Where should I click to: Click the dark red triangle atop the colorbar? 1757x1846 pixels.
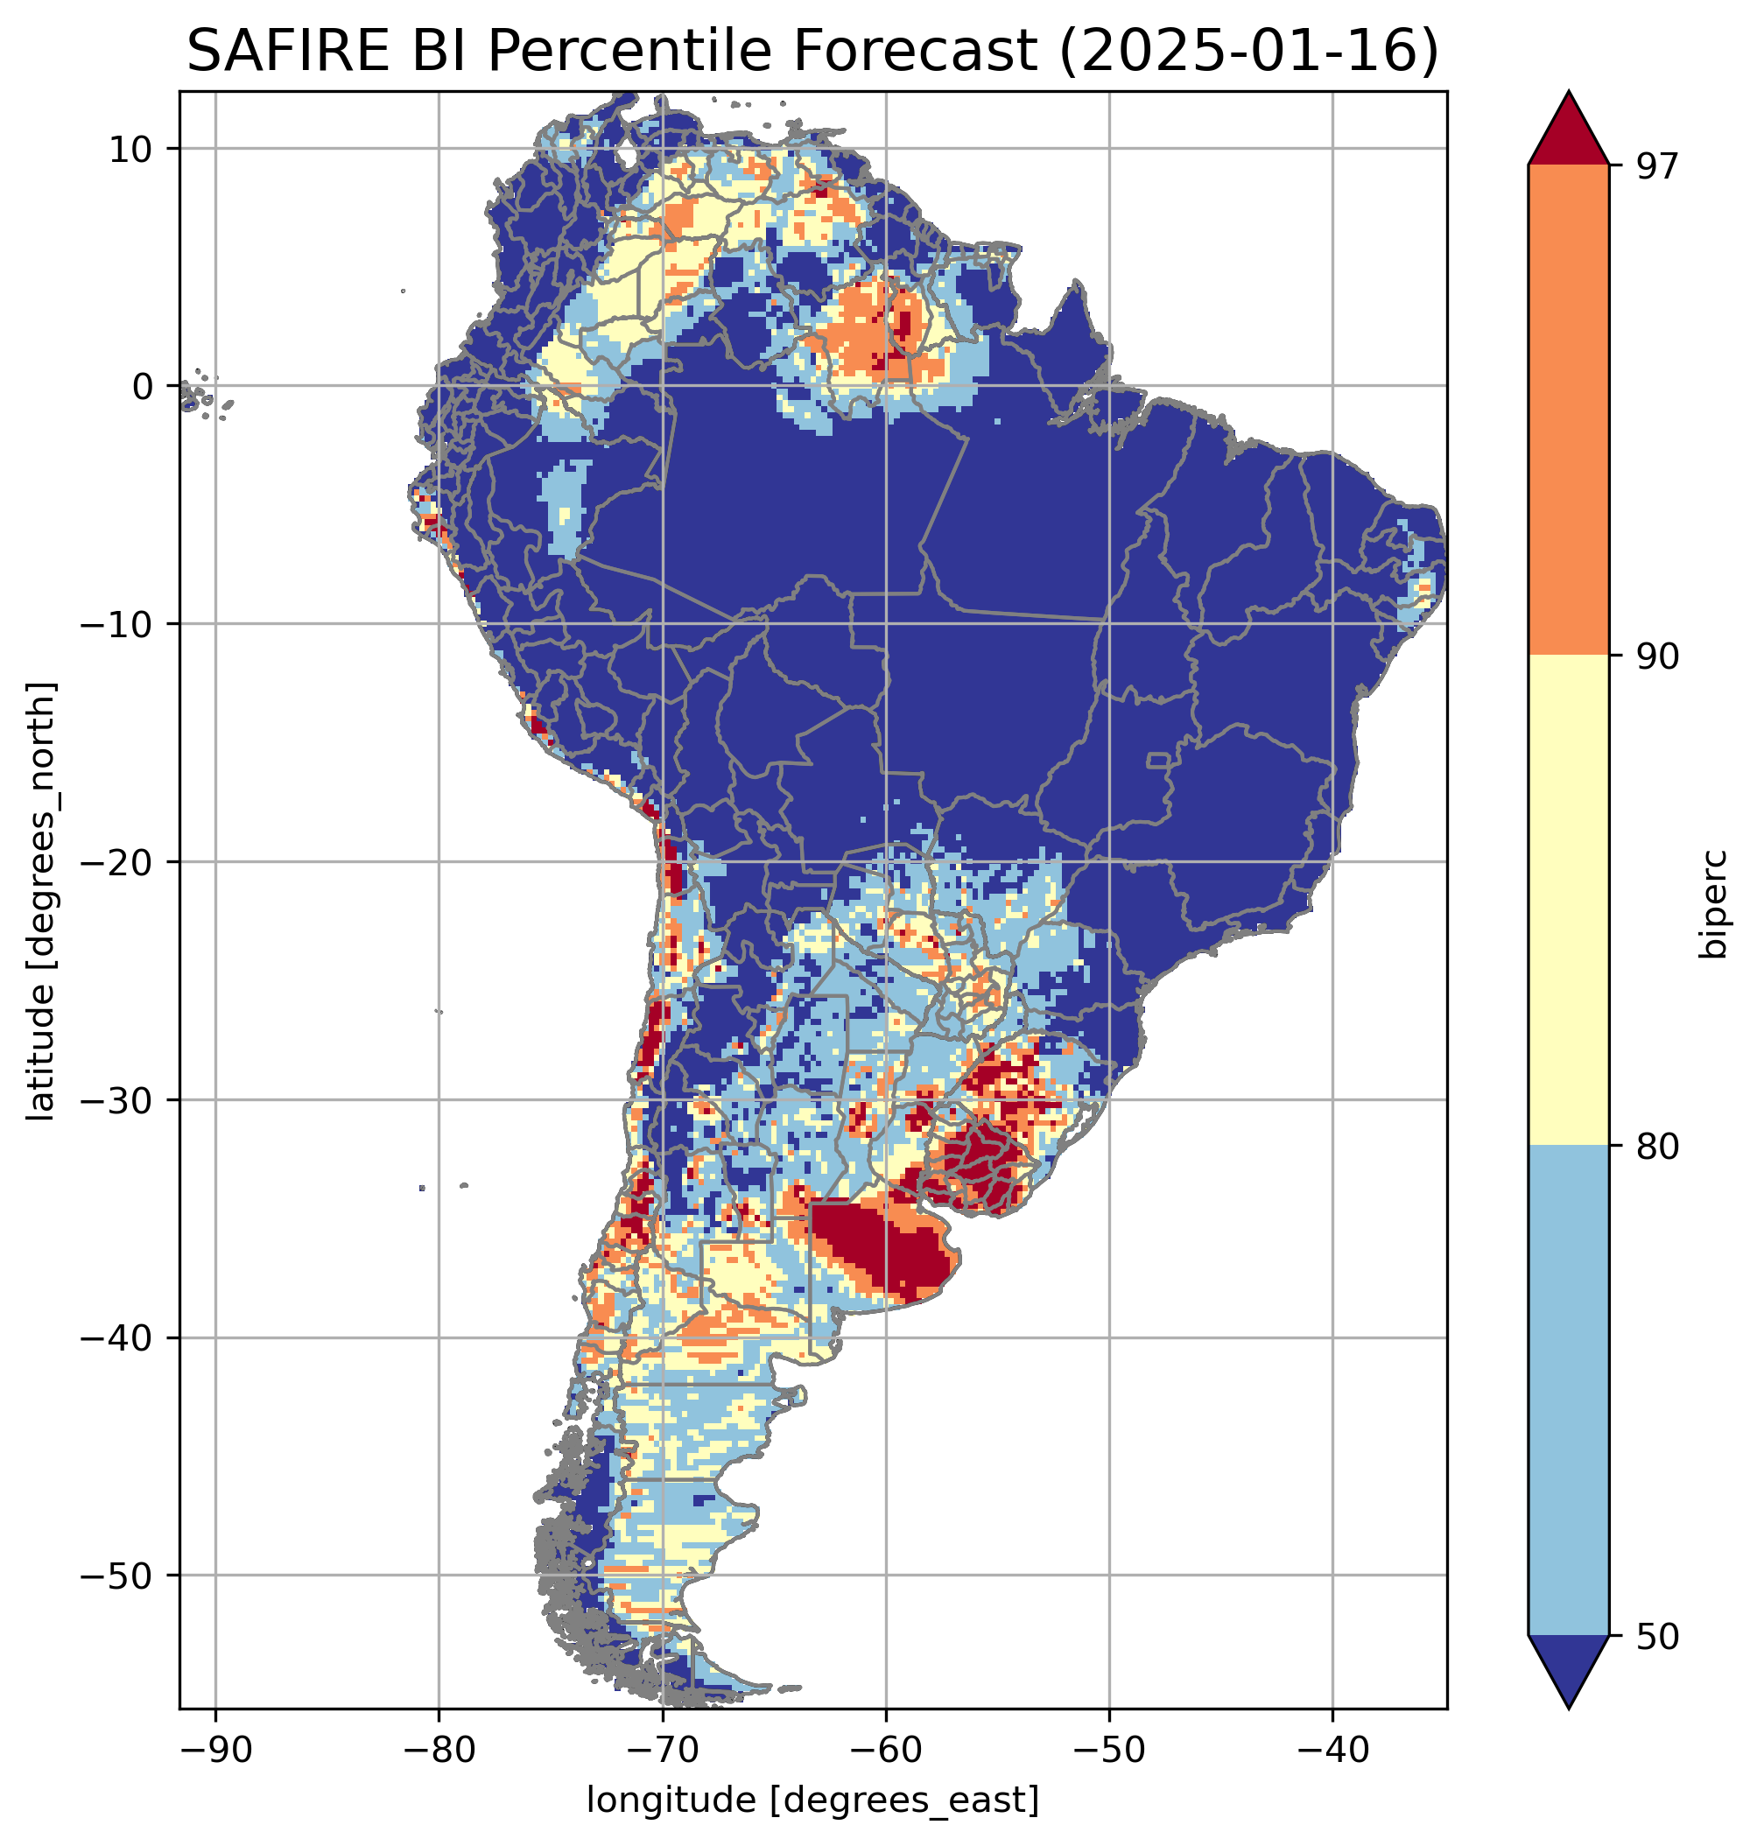coord(1568,131)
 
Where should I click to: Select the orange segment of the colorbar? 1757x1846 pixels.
coord(1568,411)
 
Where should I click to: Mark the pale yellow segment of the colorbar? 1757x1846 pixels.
coord(1568,899)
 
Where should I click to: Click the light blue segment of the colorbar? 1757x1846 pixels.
coord(1568,1391)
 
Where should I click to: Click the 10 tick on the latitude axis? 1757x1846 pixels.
coord(130,149)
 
